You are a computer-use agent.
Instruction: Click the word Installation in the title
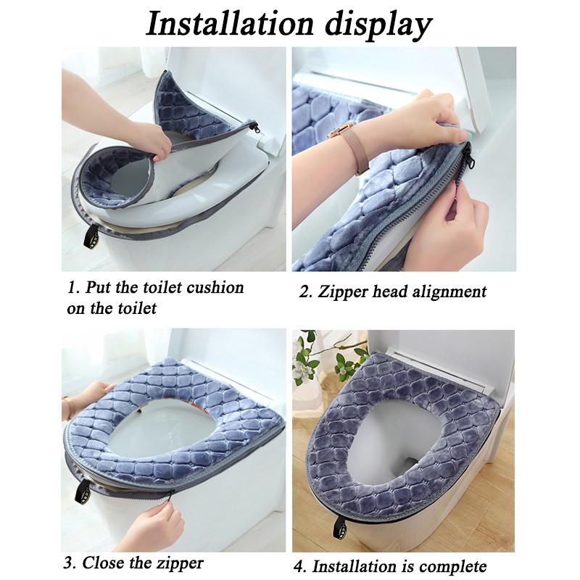[x=230, y=24]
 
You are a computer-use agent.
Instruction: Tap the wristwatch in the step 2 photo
[x=349, y=145]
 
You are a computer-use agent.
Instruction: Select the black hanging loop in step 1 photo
[x=91, y=237]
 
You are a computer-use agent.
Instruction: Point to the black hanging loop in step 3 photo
[x=83, y=492]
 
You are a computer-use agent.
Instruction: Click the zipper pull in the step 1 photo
[x=254, y=127]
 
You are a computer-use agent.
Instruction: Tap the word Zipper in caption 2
[x=342, y=292]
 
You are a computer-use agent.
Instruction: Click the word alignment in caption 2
[x=449, y=292]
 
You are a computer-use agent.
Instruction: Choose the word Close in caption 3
[x=103, y=563]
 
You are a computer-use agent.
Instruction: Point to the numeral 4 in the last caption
[x=299, y=566]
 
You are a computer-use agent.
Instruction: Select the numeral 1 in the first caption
[x=71, y=288]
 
